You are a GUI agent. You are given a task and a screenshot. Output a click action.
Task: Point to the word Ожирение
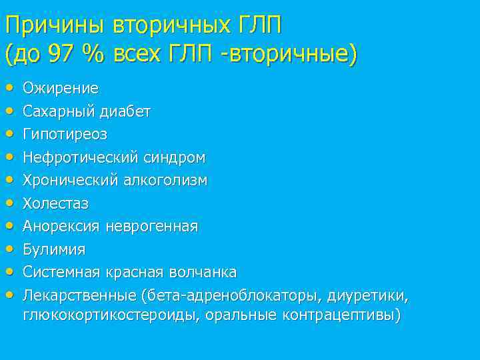click(61, 88)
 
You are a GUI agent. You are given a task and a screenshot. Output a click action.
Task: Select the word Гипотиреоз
click(65, 134)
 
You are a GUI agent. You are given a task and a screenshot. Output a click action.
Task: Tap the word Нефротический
click(80, 157)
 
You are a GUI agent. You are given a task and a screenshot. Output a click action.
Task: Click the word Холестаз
click(55, 203)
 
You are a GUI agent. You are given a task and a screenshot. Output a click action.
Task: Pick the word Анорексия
click(61, 227)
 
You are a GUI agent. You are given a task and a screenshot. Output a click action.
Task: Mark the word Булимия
click(54, 249)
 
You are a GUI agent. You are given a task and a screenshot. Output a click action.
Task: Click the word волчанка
click(203, 273)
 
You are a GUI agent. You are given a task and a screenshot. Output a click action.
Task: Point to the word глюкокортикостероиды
click(107, 315)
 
